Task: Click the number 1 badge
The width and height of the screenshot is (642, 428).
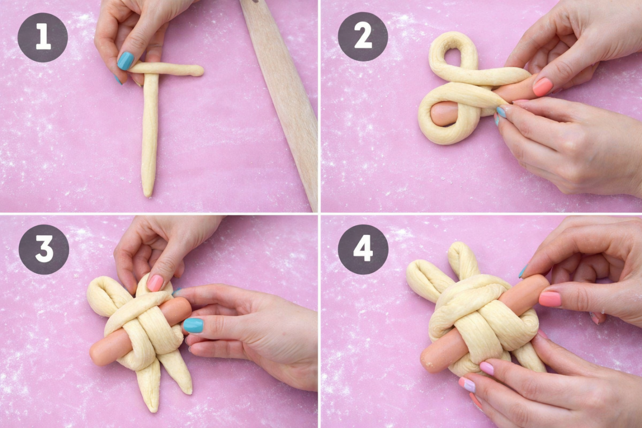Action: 43,37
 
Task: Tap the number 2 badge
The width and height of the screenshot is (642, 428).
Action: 363,37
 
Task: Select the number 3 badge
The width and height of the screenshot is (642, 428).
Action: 44,250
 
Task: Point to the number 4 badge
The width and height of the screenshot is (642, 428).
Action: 363,250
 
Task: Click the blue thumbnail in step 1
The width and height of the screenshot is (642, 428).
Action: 126,61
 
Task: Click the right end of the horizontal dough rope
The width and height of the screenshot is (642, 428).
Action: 201,71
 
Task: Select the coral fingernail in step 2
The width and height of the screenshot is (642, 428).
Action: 542,87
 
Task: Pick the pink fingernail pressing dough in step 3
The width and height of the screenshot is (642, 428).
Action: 155,283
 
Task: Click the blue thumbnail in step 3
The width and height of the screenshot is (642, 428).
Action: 193,325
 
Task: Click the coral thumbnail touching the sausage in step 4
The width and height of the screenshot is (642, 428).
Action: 550,299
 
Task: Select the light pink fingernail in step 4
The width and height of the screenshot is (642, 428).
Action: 487,368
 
